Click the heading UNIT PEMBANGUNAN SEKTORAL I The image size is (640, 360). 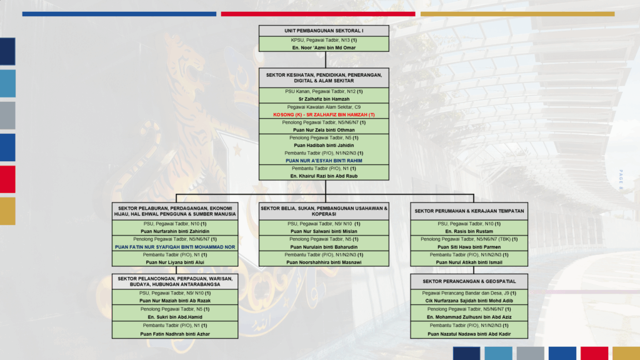click(x=324, y=31)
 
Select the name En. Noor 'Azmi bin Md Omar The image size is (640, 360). click(x=324, y=47)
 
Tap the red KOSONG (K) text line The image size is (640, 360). click(x=324, y=115)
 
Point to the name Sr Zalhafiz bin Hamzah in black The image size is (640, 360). click(x=324, y=99)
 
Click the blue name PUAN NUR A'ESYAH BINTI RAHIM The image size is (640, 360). click(x=324, y=161)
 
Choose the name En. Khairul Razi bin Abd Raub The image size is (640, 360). click(x=324, y=176)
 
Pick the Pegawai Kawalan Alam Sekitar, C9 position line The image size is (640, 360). click(x=324, y=107)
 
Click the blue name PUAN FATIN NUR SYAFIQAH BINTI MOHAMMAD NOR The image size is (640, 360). click(x=176, y=247)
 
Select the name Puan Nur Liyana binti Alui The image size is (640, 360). click(x=176, y=262)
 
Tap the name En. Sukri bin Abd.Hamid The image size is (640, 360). click(x=176, y=317)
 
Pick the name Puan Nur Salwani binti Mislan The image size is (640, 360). click(x=324, y=231)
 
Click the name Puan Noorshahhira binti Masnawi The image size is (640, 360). click(x=324, y=262)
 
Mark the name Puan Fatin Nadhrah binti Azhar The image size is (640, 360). click(x=176, y=334)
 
